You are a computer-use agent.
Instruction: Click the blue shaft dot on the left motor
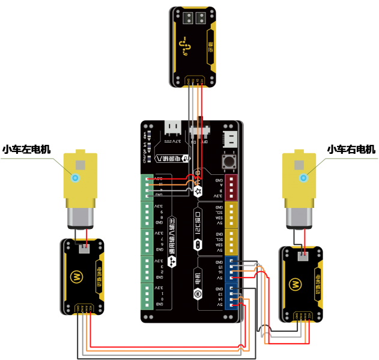pyautogui.click(x=75, y=177)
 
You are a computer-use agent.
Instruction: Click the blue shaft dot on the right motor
pyautogui.click(x=303, y=177)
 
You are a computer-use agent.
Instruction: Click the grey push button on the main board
pyautogui.click(x=229, y=161)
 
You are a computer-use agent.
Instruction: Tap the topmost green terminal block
pyautogui.click(x=147, y=187)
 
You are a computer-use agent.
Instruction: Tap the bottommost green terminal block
pyautogui.click(x=147, y=296)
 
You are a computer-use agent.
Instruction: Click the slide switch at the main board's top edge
pyautogui.click(x=198, y=130)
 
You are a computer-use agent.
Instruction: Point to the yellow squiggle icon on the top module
pyautogui.click(x=184, y=46)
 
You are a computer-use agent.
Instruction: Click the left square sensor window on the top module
pyautogui.click(x=187, y=17)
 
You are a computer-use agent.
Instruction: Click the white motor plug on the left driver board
pyautogui.click(x=83, y=249)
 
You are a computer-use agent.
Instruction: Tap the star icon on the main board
pyautogui.click(x=198, y=191)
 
